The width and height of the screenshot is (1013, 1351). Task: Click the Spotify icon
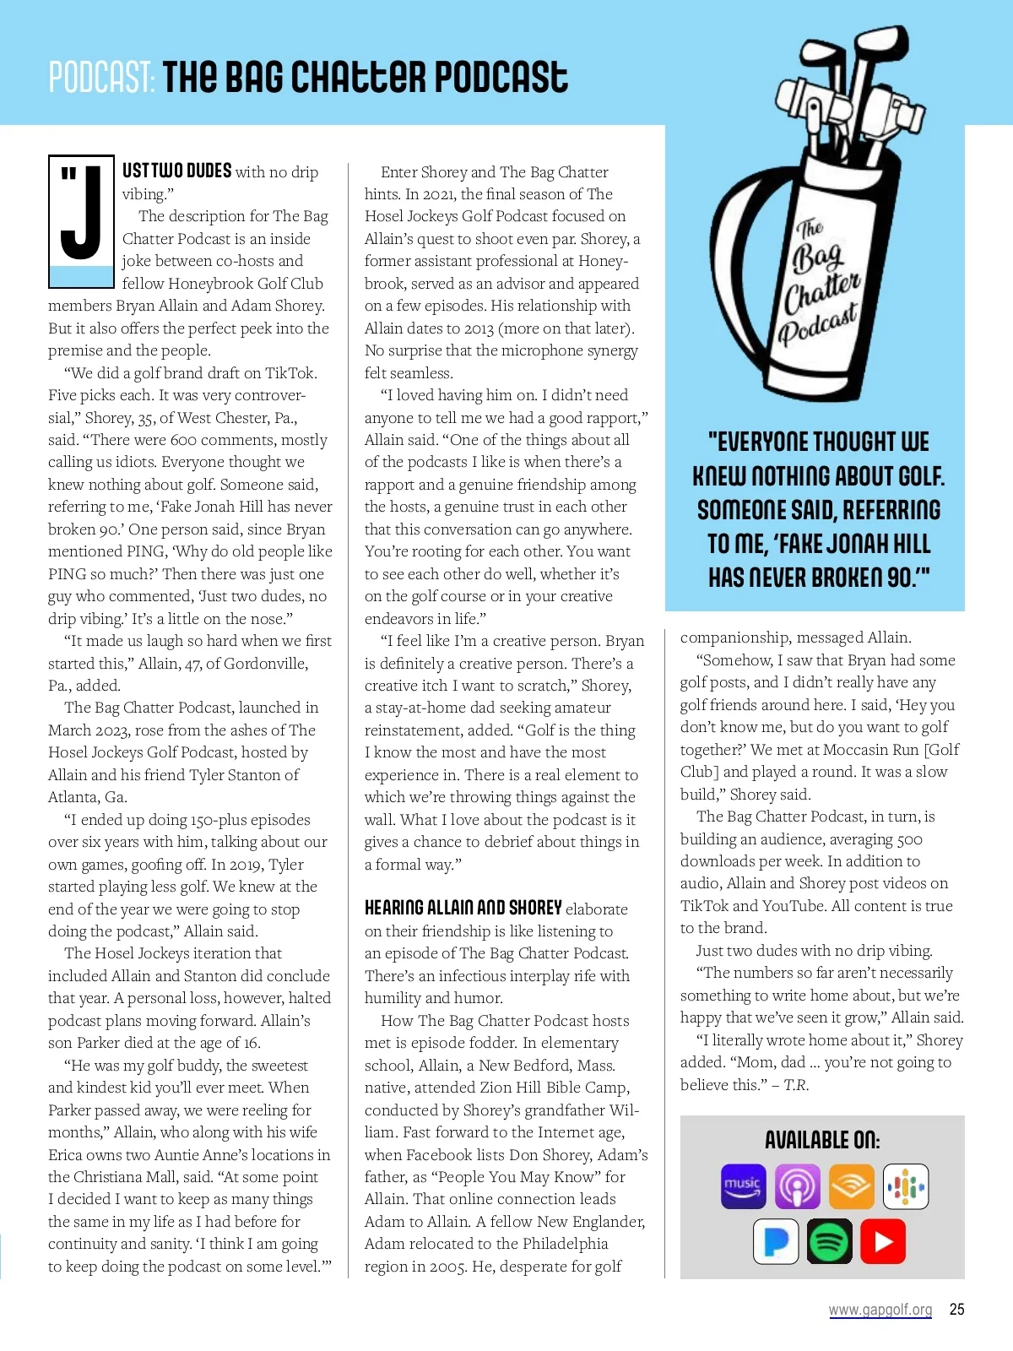tap(830, 1241)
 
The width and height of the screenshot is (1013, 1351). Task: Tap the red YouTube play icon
tap(883, 1241)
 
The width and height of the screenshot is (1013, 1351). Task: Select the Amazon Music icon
tap(743, 1186)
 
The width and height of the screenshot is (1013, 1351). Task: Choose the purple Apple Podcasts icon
tap(797, 1186)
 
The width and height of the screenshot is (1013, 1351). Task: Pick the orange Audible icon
tap(851, 1186)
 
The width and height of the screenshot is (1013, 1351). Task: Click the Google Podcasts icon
tap(905, 1186)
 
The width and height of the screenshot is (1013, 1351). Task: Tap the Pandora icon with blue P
tap(776, 1241)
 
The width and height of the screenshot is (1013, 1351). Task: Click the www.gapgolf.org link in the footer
tap(880, 1310)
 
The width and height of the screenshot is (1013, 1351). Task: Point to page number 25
tap(956, 1310)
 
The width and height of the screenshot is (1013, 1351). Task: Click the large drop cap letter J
tap(81, 215)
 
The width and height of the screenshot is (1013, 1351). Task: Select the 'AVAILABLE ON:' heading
tap(822, 1141)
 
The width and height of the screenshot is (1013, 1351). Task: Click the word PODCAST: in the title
tap(101, 78)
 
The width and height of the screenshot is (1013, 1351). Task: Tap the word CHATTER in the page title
tap(359, 78)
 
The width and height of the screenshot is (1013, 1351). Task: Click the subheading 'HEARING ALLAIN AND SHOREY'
tap(463, 908)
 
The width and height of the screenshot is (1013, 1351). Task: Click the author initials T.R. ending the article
tap(796, 1085)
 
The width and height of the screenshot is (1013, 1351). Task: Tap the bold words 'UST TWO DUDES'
tap(176, 171)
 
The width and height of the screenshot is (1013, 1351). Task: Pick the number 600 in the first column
tap(183, 440)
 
